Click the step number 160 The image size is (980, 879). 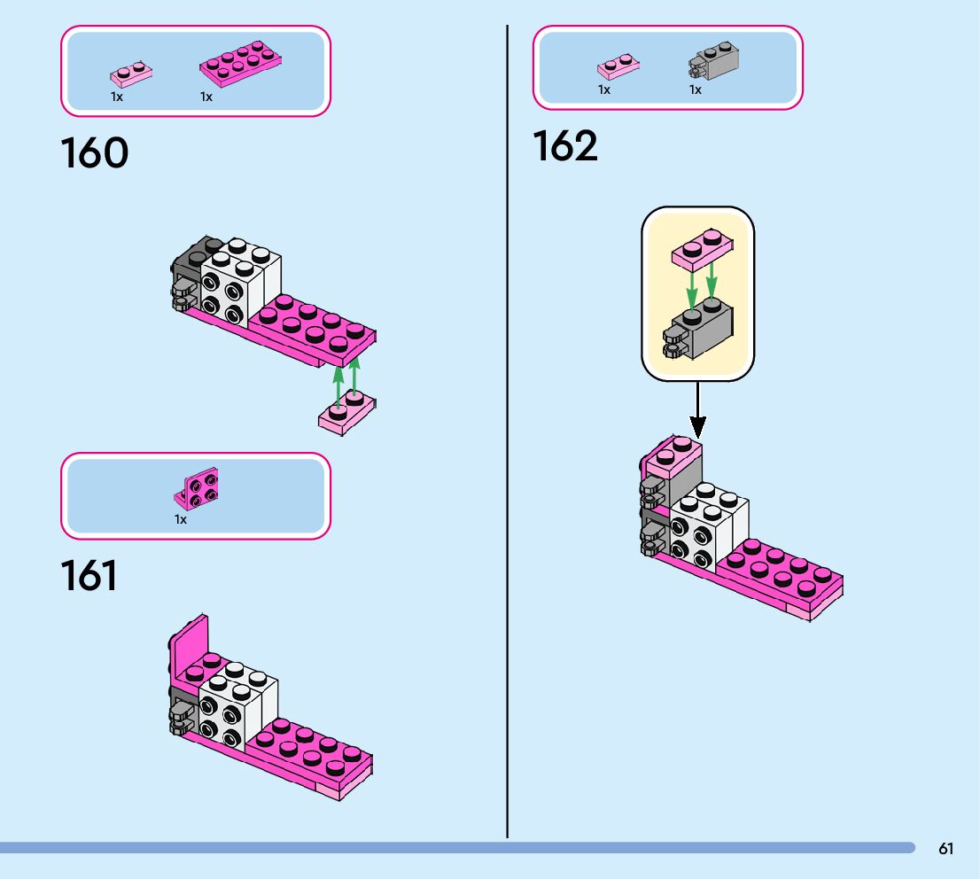tap(95, 153)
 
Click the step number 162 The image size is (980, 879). tap(565, 146)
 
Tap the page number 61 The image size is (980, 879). tap(946, 849)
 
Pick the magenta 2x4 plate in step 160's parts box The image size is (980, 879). tap(242, 62)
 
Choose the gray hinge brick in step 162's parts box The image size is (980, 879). tap(713, 59)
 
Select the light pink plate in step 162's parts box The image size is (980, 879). tap(618, 67)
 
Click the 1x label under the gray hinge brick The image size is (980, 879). tap(696, 89)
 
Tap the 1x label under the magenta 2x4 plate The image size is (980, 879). tap(206, 97)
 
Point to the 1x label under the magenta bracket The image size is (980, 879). tap(181, 519)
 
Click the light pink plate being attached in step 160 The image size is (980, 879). tap(347, 413)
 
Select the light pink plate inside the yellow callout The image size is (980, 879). tap(701, 249)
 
